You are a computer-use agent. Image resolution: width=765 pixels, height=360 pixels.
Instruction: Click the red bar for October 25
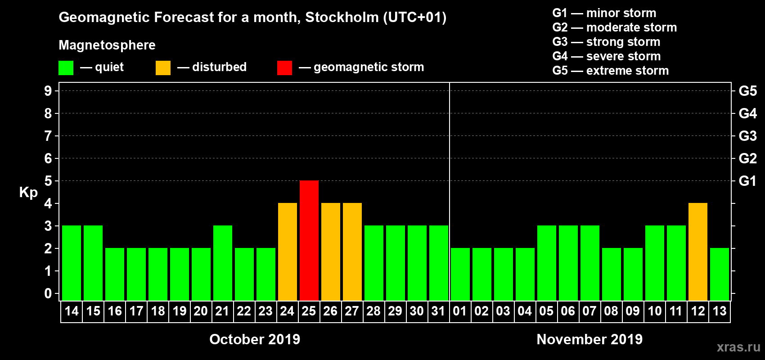click(309, 240)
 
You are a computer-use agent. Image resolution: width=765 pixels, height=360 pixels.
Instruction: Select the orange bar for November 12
click(698, 252)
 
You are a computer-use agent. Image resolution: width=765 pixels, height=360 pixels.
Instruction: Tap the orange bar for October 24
click(288, 252)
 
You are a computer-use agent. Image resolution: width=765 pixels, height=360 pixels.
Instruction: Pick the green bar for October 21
click(223, 263)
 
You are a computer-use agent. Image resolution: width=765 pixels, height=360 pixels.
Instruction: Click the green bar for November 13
click(720, 274)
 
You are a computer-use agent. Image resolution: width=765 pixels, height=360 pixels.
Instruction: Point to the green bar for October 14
click(72, 263)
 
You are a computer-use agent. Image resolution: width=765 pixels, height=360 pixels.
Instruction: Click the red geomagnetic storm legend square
click(284, 68)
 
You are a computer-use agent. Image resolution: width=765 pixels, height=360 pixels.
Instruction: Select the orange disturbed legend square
click(163, 68)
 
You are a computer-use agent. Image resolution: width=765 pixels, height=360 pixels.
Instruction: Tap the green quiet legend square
click(66, 68)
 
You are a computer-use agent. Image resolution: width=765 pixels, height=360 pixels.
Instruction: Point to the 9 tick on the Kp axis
click(48, 91)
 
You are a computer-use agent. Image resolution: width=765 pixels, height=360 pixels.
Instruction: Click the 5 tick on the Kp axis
click(48, 181)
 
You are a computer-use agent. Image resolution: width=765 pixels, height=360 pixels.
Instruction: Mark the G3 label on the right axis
click(747, 136)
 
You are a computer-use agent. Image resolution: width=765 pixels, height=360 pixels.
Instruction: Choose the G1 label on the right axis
click(747, 181)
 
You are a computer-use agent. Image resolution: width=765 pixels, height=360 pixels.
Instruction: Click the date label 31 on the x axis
click(438, 311)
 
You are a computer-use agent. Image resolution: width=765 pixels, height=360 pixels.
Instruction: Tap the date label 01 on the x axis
click(460, 311)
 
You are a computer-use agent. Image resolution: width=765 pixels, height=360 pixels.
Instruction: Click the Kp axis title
click(28, 192)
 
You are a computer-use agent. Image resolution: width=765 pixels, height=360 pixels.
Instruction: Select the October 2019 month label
click(255, 339)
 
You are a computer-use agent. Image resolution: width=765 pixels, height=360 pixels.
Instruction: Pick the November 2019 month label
click(589, 339)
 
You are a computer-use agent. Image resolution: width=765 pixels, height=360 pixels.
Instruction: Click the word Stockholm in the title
click(342, 17)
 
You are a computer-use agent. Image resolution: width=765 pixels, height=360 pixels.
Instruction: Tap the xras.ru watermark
click(738, 347)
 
